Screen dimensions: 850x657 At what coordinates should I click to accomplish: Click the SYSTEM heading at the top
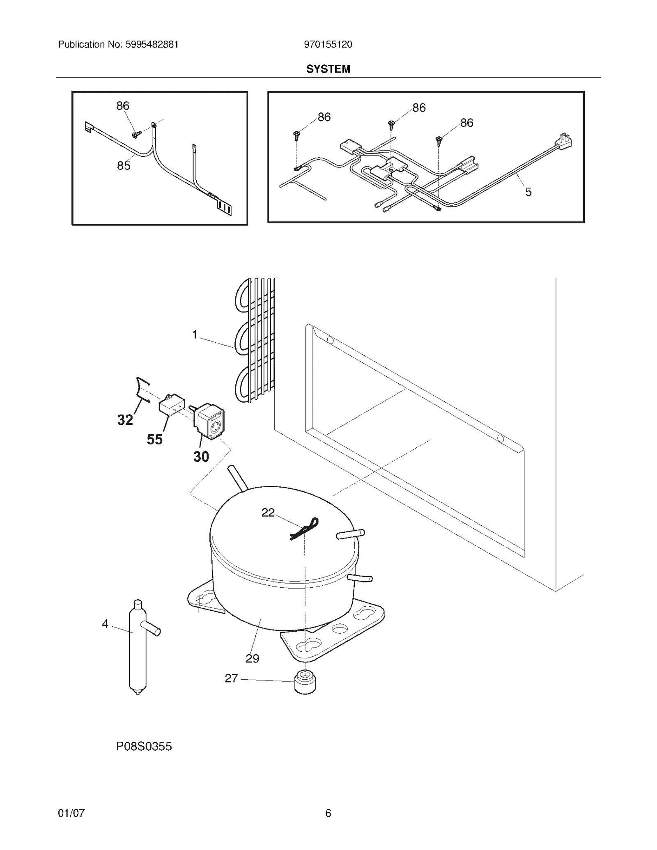(x=328, y=69)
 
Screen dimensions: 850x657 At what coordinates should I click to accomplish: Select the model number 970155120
(x=328, y=44)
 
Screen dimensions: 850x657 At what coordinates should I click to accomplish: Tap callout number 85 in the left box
(x=124, y=166)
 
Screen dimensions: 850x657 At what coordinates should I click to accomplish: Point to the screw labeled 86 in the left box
(x=136, y=134)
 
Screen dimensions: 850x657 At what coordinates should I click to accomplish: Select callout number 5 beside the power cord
(x=528, y=192)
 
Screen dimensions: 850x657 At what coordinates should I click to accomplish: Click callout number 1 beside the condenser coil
(x=195, y=335)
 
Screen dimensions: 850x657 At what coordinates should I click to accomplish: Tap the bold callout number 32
(x=125, y=420)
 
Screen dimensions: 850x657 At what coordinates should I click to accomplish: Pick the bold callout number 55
(x=155, y=440)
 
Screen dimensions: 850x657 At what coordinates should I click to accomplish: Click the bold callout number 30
(x=201, y=456)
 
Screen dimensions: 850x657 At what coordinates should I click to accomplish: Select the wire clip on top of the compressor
(x=305, y=528)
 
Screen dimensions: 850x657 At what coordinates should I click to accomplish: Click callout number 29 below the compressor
(x=252, y=659)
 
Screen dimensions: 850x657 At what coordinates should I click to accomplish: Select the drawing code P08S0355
(x=144, y=747)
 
